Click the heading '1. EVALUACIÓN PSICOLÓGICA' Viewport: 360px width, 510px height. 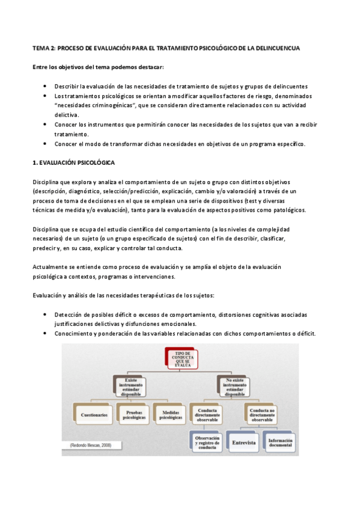[74, 163]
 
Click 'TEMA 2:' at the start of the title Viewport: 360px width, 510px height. [43, 48]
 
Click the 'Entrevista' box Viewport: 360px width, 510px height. [243, 443]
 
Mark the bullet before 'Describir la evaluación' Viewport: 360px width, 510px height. [47, 87]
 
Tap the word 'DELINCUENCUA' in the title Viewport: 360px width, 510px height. [278, 48]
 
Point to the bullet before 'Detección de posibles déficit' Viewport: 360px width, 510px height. [47, 315]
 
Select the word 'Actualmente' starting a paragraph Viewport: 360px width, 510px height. [50, 267]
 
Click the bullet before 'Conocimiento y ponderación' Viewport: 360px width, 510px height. [47, 334]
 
